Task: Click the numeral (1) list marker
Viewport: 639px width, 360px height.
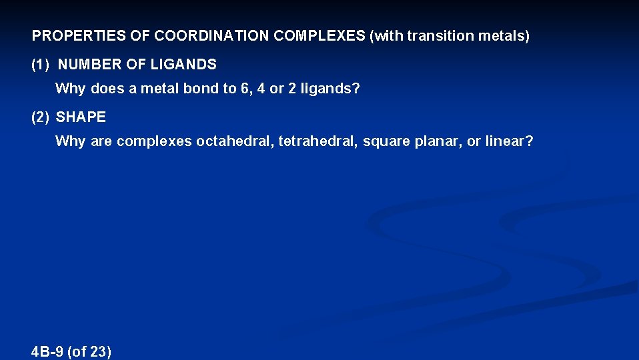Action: [41, 65]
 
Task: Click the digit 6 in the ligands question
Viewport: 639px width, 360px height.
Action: [245, 89]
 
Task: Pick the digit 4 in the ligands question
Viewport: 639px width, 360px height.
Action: [260, 89]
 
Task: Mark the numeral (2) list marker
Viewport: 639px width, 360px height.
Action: [41, 117]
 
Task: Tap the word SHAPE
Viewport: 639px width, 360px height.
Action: [81, 117]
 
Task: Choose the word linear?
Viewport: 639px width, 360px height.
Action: [510, 141]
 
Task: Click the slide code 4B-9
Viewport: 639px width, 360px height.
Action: [48, 352]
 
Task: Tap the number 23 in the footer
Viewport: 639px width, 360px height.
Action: [98, 352]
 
